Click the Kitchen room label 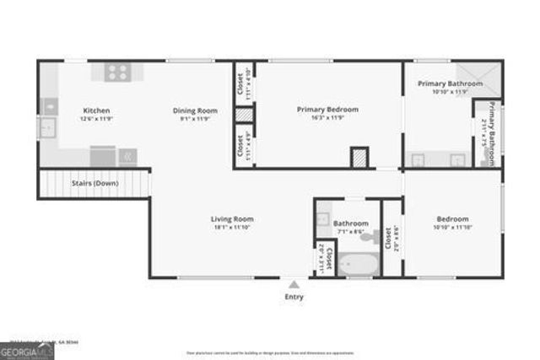click(x=95, y=110)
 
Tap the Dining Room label click(x=195, y=110)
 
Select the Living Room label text click(x=232, y=219)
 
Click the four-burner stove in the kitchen click(x=118, y=73)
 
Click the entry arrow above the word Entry click(x=294, y=285)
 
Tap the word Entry click(x=294, y=297)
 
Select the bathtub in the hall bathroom click(x=359, y=265)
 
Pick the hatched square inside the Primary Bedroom click(x=359, y=157)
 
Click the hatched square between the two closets click(x=244, y=115)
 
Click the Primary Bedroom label click(x=327, y=110)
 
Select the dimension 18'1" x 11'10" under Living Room click(x=232, y=228)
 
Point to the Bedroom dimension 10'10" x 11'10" click(x=452, y=228)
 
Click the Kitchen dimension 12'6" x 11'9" click(x=95, y=119)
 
